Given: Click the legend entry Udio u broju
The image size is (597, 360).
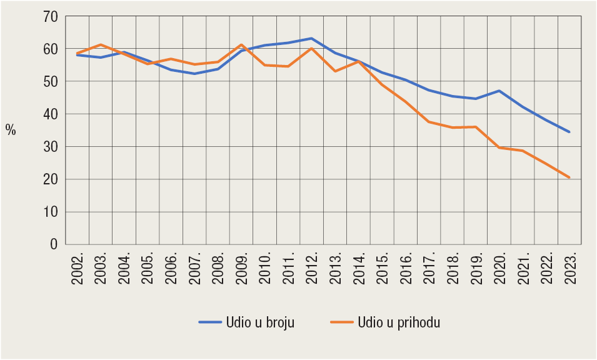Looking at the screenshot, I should click(247, 322).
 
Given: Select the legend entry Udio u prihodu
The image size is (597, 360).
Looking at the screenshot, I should click(386, 322).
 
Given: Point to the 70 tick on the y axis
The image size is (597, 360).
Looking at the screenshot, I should click(49, 16).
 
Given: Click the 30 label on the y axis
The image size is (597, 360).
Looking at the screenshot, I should click(49, 147).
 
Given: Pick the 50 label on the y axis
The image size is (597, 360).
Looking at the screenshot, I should click(49, 82).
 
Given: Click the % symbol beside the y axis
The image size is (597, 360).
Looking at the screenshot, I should click(11, 129).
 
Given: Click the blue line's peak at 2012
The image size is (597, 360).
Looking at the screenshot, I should click(311, 38).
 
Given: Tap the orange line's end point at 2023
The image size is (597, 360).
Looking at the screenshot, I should click(569, 177).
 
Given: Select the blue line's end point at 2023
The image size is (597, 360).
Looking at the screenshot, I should click(569, 132).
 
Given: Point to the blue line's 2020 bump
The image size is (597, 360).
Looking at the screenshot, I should click(499, 91).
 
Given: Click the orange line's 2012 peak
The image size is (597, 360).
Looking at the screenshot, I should click(311, 48).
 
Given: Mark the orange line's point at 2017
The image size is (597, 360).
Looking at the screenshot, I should click(429, 121).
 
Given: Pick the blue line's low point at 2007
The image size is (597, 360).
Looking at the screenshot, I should click(194, 74).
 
